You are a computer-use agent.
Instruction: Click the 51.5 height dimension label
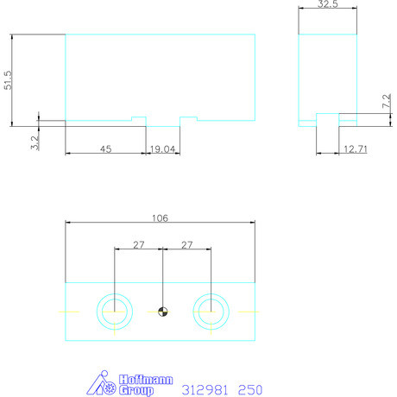pyautogui.click(x=8, y=80)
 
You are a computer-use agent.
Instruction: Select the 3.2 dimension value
pyautogui.click(x=35, y=142)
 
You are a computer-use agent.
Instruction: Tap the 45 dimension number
pyautogui.click(x=105, y=148)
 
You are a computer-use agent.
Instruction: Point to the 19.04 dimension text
pyautogui.click(x=162, y=149)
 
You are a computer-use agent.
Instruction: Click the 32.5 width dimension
pyautogui.click(x=328, y=4)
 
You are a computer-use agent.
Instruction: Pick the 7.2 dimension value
pyautogui.click(x=387, y=101)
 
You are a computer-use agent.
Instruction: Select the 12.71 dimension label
pyautogui.click(x=356, y=149)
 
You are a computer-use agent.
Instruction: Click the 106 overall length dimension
pyautogui.click(x=160, y=218)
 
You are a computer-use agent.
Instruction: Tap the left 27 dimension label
pyautogui.click(x=138, y=245)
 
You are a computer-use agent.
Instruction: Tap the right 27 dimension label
pyautogui.click(x=186, y=245)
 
